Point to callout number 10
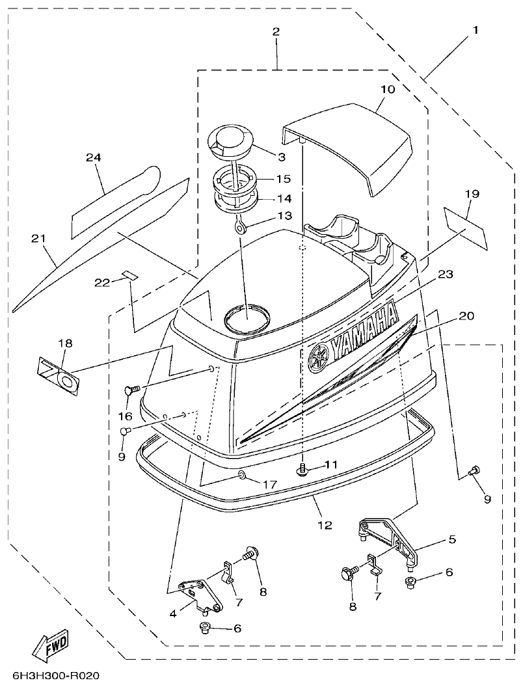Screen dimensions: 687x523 click(388, 89)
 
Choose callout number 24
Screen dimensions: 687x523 click(94, 157)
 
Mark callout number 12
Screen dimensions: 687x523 click(325, 524)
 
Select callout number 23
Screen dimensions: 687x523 click(444, 275)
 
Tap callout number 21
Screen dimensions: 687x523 click(38, 239)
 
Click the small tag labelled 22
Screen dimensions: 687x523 click(131, 275)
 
